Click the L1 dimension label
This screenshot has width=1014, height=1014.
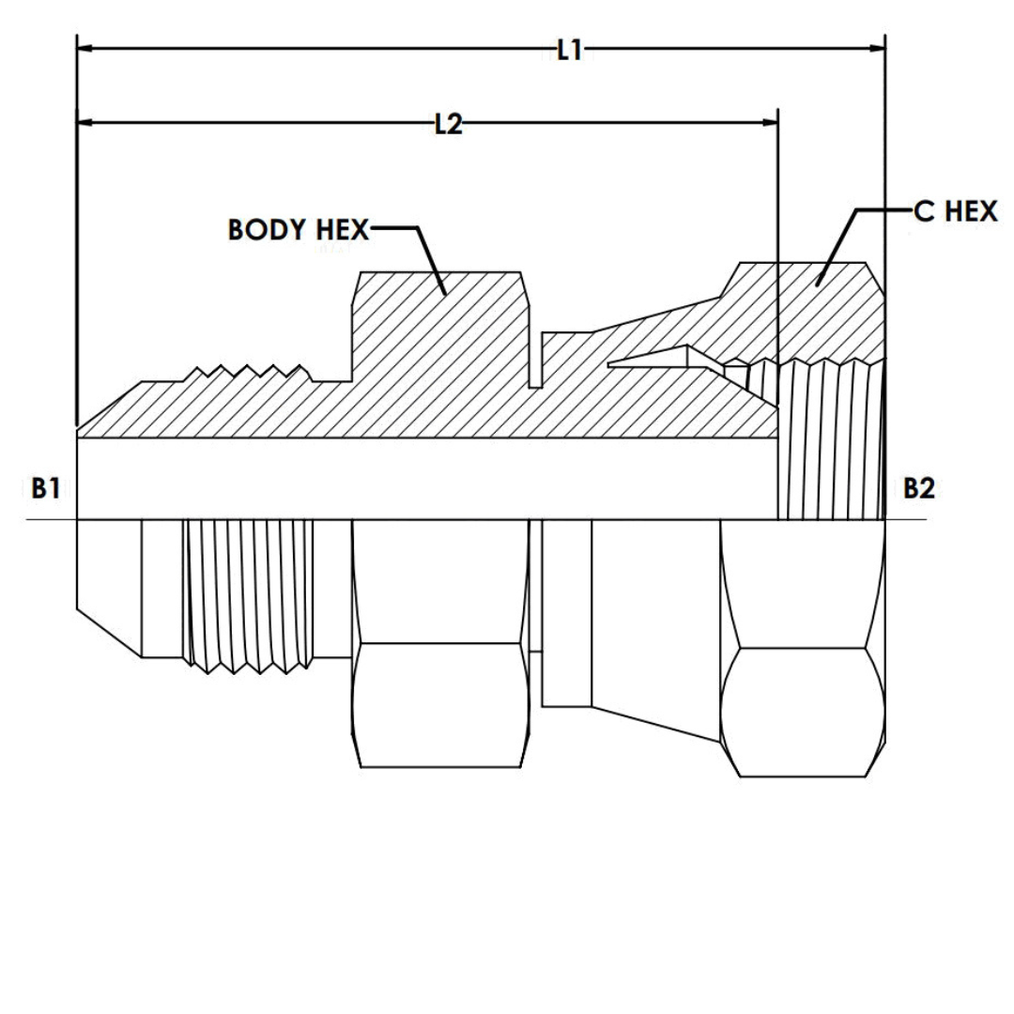click(x=569, y=50)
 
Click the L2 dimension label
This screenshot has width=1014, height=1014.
click(x=448, y=124)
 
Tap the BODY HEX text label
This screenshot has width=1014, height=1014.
click(x=299, y=230)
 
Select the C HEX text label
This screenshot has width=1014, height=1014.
click(x=956, y=212)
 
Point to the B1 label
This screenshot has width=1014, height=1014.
click(x=47, y=488)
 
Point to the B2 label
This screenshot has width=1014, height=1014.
click(x=919, y=488)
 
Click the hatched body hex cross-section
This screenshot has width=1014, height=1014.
click(x=441, y=329)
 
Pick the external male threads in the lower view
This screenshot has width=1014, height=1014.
click(x=249, y=596)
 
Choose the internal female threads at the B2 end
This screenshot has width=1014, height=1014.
click(x=831, y=441)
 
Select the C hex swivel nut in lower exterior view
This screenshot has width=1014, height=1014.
click(x=803, y=648)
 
